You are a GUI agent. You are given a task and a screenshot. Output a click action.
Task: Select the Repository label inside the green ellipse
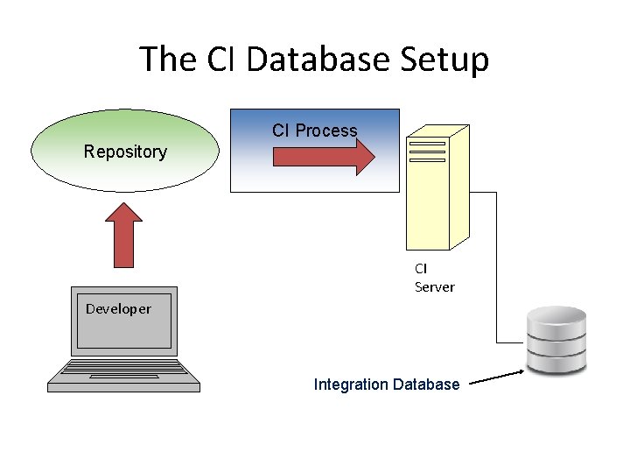click(x=125, y=152)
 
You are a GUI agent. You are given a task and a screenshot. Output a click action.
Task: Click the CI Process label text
click(x=314, y=131)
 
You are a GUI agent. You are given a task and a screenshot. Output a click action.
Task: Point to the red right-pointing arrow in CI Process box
click(x=324, y=157)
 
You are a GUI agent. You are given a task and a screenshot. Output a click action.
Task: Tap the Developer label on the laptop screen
click(x=118, y=308)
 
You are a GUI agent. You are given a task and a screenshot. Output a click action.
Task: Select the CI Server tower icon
click(x=437, y=188)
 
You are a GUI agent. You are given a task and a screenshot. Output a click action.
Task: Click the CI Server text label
click(x=434, y=278)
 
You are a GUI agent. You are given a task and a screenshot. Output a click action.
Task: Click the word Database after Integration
click(x=426, y=385)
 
